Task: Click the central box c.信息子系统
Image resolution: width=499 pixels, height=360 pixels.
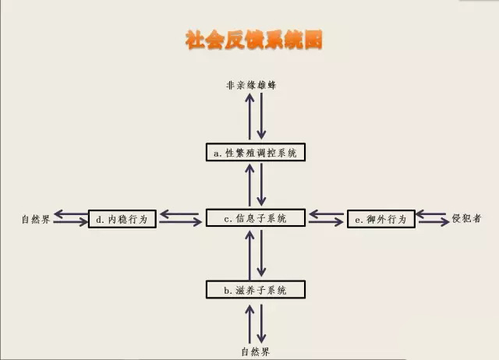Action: pyautogui.click(x=255, y=219)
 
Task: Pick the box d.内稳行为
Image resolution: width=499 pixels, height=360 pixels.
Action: pyautogui.click(x=123, y=220)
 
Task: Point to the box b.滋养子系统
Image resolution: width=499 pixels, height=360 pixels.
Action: pyautogui.click(x=255, y=290)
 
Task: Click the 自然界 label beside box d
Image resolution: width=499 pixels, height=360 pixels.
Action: pyautogui.click(x=36, y=221)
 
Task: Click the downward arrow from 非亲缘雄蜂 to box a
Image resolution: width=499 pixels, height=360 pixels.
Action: pyautogui.click(x=264, y=117)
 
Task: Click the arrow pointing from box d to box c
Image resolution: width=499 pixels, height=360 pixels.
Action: pyautogui.click(x=179, y=224)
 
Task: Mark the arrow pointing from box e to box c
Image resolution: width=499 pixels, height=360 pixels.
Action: pyautogui.click(x=326, y=213)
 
